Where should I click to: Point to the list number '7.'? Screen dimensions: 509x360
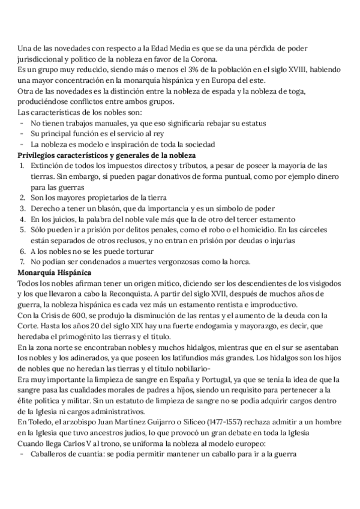tap(22, 262)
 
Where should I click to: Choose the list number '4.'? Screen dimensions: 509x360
tap(22, 219)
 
